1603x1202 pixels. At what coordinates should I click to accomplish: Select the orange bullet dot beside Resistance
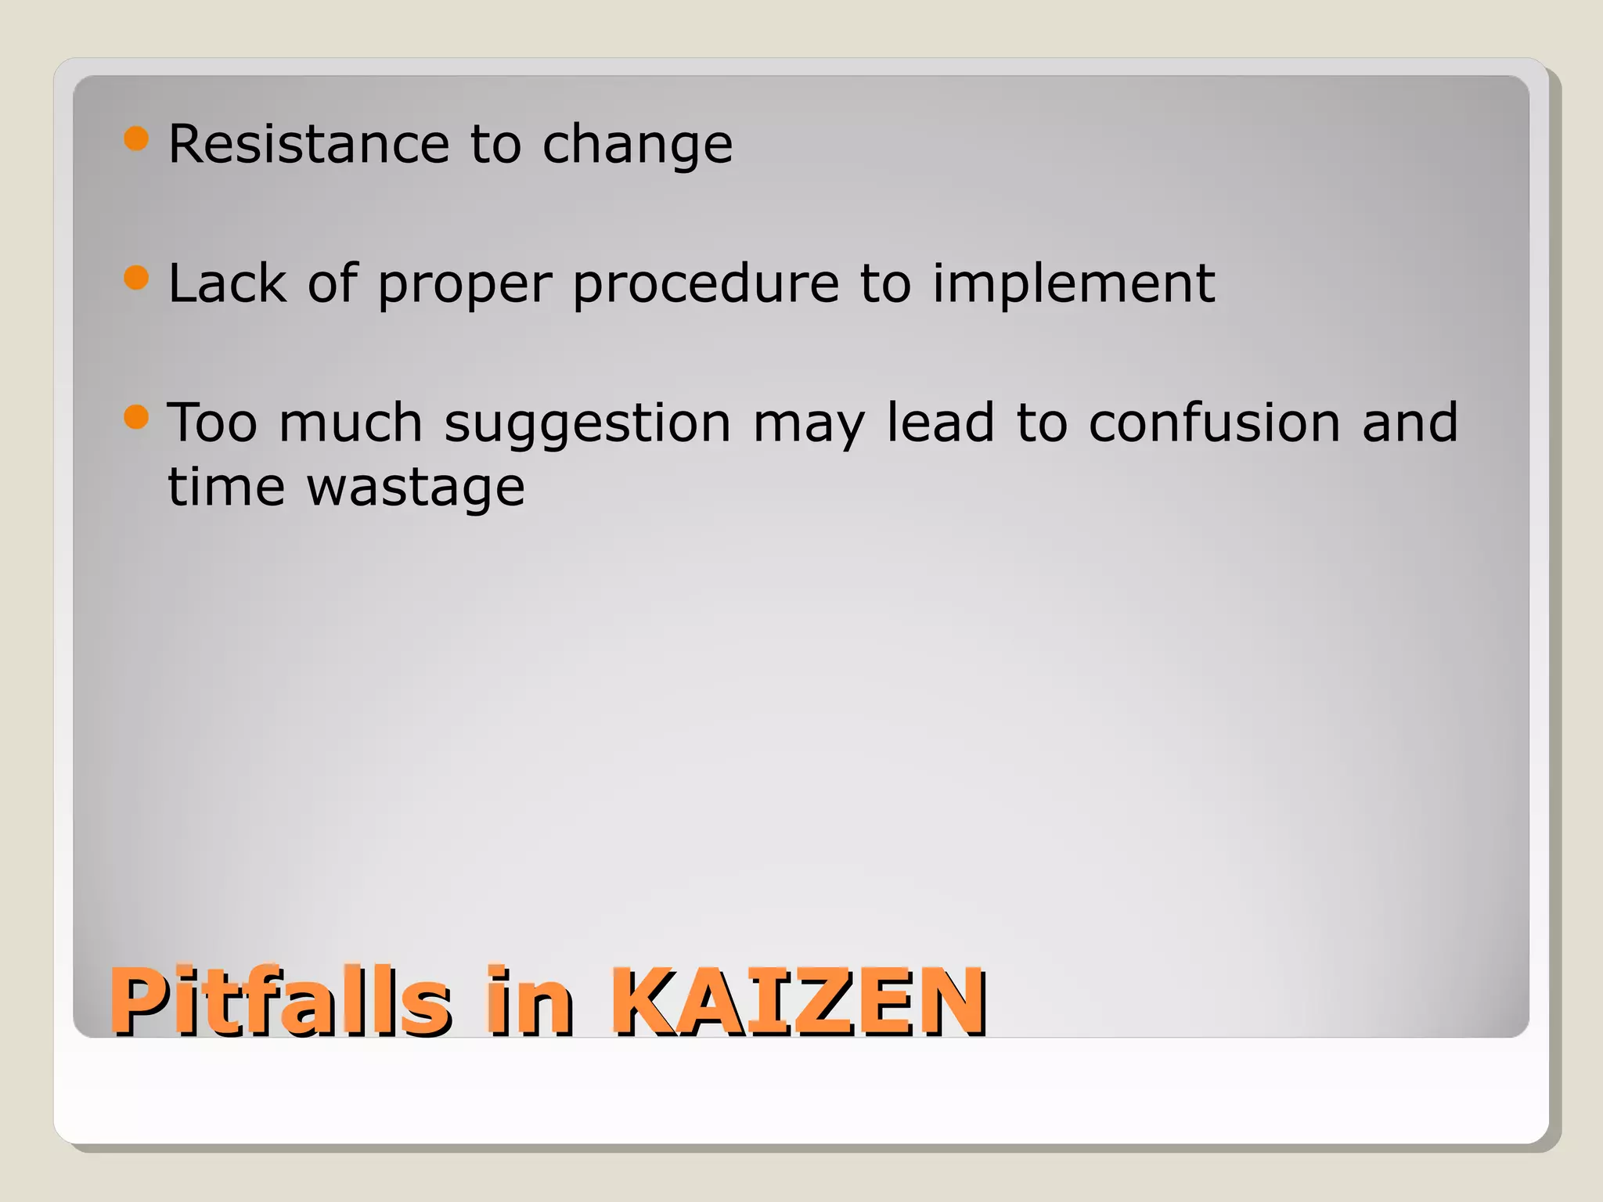coord(136,139)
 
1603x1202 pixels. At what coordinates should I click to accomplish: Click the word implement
coord(1073,285)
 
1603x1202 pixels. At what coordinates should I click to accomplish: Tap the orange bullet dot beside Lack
coord(136,278)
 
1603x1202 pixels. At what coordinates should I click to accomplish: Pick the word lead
coord(939,423)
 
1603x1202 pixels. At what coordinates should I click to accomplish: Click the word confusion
coord(1214,423)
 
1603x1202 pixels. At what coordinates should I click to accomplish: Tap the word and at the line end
coord(1410,423)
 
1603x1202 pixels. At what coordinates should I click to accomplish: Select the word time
coord(227,487)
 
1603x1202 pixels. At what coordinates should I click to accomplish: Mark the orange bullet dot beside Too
coord(136,416)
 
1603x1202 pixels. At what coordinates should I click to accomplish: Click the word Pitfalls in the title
coord(280,1001)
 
